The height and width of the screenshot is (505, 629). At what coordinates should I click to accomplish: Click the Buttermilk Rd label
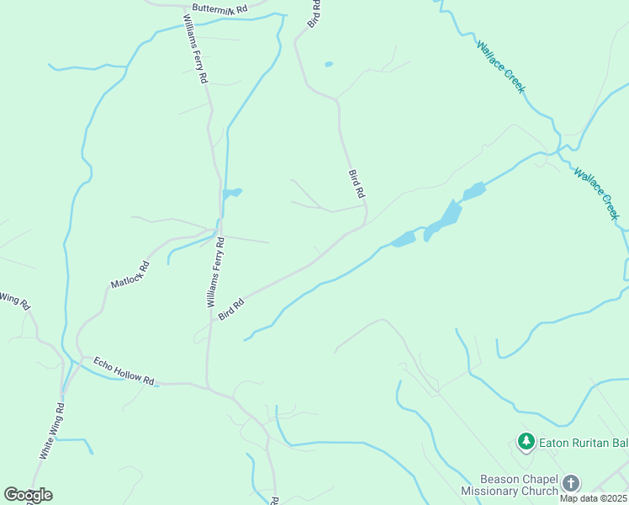[219, 8]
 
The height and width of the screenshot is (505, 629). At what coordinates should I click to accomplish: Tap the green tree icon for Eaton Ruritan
[526, 440]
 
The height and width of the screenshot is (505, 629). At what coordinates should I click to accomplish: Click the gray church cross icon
[571, 483]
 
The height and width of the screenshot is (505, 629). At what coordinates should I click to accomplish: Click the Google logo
[28, 495]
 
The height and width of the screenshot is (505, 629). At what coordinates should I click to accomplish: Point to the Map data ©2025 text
[594, 498]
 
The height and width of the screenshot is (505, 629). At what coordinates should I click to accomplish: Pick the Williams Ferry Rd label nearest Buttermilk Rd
[196, 48]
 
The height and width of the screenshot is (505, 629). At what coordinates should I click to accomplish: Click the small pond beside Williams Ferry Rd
[231, 194]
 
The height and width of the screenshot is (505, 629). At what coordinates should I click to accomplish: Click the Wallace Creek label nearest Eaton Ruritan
[597, 194]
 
